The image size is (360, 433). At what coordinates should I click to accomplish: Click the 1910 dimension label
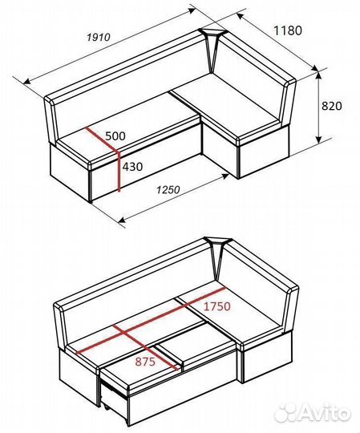[x=99, y=37]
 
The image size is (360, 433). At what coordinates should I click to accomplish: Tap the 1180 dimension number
[x=287, y=30]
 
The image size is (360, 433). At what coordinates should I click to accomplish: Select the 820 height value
[x=332, y=106]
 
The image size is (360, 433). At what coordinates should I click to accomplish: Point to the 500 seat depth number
[x=115, y=136]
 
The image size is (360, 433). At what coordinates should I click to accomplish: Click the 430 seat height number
[x=132, y=167]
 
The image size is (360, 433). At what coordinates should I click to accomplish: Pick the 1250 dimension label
[x=168, y=190]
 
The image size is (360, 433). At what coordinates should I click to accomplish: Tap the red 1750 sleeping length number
[x=216, y=306]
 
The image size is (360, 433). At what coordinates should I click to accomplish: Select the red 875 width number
[x=145, y=362]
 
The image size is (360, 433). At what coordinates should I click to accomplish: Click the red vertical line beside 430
[x=119, y=172]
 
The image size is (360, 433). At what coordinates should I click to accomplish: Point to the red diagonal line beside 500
[x=102, y=140]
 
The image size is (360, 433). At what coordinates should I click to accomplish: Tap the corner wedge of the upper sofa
[x=212, y=47]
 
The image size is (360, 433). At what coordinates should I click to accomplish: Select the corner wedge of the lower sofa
[x=218, y=256]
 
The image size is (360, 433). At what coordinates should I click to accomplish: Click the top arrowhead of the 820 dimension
[x=319, y=75]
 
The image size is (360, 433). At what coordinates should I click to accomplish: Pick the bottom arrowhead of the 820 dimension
[x=319, y=140]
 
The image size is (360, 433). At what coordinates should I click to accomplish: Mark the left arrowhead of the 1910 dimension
[x=27, y=81]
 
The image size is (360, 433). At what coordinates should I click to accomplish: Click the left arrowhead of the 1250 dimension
[x=122, y=219]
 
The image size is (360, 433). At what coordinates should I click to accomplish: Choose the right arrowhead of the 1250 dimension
[x=225, y=176]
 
